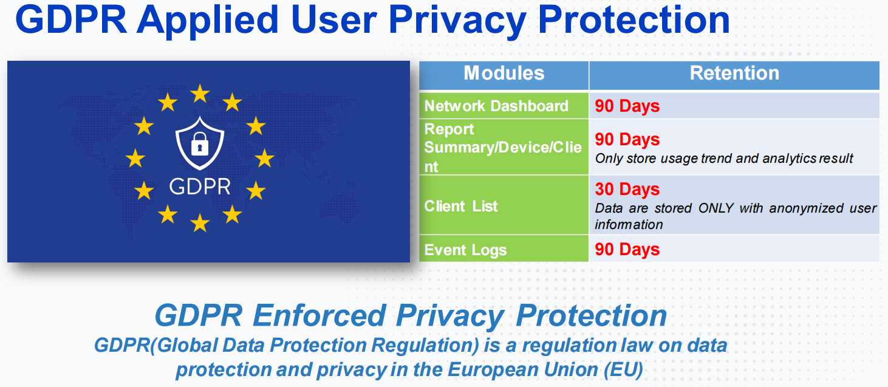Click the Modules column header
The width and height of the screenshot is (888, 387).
click(x=504, y=74)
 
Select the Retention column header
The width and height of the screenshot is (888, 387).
click(x=734, y=74)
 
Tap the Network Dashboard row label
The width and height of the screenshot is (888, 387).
click(x=496, y=106)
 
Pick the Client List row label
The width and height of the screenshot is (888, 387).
click(x=460, y=206)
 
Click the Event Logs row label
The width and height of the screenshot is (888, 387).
click(x=465, y=250)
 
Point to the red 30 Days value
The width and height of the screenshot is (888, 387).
click(x=627, y=189)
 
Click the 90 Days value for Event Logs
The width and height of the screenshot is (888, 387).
click(x=627, y=250)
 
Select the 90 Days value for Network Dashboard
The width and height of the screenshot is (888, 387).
click(x=627, y=106)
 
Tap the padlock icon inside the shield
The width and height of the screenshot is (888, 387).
click(x=199, y=143)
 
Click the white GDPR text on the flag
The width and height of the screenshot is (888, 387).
click(x=200, y=187)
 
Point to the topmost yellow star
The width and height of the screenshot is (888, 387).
click(x=200, y=94)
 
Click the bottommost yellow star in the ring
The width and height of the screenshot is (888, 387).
click(x=200, y=222)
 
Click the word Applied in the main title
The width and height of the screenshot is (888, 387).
click(x=208, y=21)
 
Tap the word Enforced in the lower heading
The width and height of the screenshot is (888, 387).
click(x=319, y=316)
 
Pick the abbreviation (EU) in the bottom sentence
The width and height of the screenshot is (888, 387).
click(x=623, y=369)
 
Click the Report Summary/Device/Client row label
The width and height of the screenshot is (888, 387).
click(x=503, y=148)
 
